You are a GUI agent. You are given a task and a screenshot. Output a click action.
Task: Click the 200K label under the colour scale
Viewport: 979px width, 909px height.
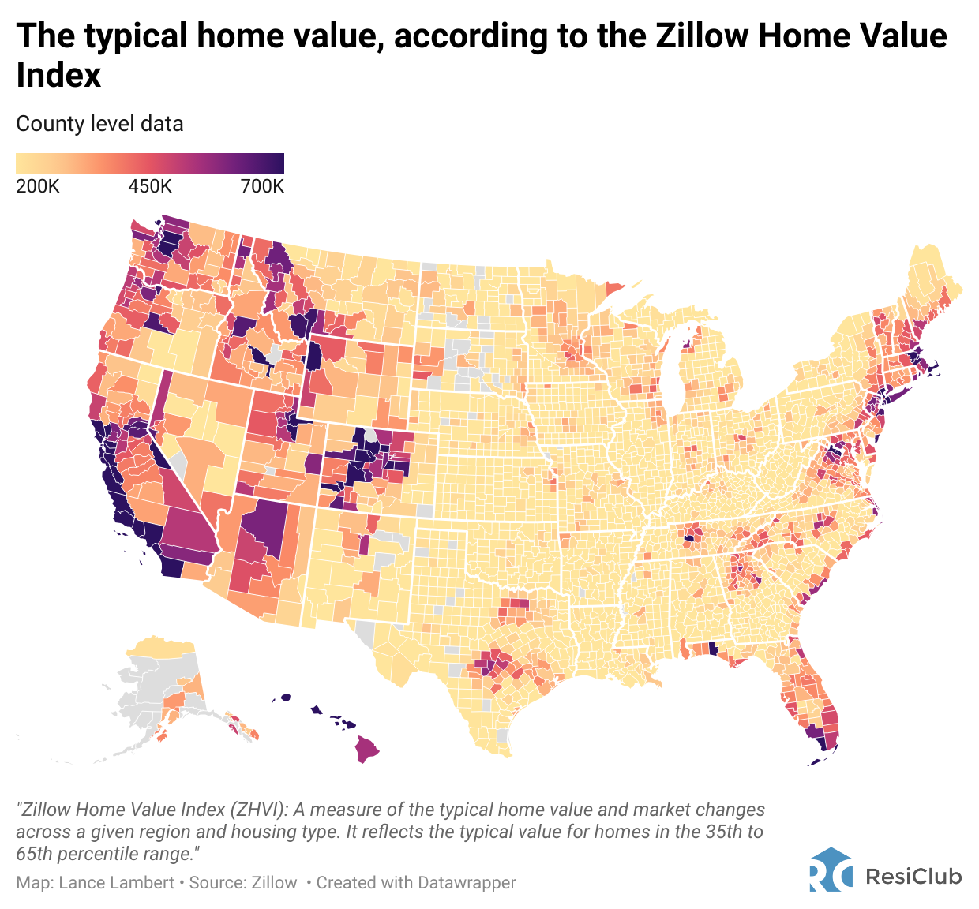click(37, 186)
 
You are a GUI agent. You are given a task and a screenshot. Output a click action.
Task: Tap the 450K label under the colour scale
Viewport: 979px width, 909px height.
click(150, 186)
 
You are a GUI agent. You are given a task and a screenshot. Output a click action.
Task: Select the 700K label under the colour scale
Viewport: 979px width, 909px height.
click(262, 186)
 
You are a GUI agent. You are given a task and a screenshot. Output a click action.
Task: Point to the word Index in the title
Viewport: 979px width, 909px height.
click(59, 76)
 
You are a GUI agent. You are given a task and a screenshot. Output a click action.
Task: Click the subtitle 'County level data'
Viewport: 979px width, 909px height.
click(99, 124)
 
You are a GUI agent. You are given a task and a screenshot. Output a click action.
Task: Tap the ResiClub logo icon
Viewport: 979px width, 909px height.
click(831, 870)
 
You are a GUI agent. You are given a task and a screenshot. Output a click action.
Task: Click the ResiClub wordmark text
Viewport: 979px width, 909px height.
click(914, 876)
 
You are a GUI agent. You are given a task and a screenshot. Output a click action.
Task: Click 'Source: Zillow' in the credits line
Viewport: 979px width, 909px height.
click(243, 882)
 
